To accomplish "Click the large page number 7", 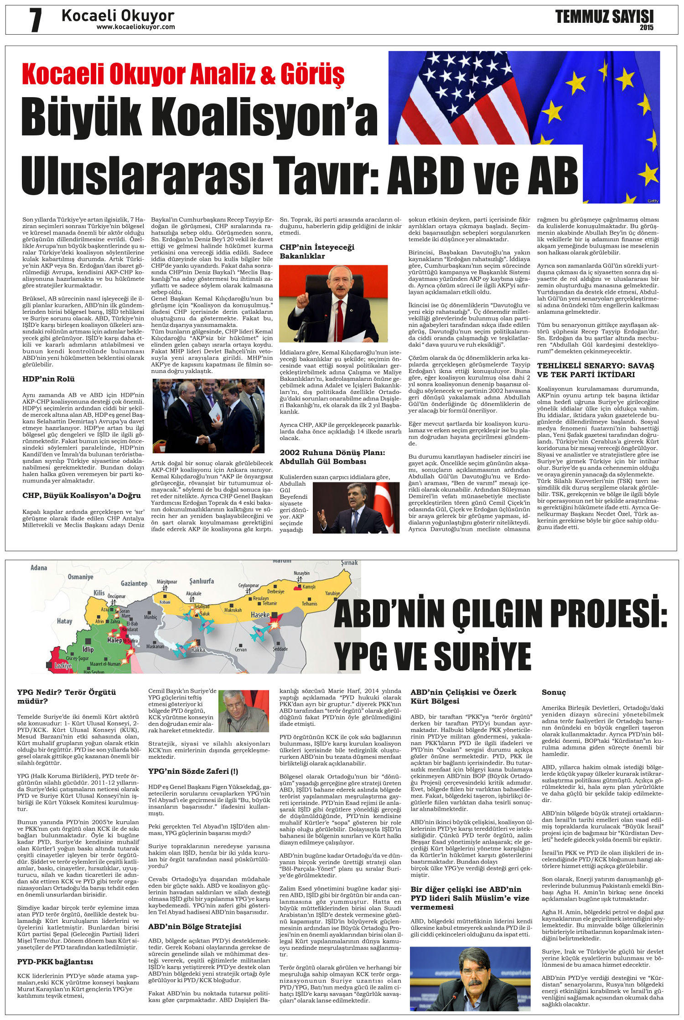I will point(36,20).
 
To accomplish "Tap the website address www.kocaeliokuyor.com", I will point(135,27).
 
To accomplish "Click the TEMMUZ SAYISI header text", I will point(604,17).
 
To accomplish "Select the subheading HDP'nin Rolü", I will point(48,379).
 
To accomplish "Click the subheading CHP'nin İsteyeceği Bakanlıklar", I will point(316,252).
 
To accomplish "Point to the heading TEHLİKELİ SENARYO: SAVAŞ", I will point(595,366).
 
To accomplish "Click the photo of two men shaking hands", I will point(208,416).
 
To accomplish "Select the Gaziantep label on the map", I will point(134,583).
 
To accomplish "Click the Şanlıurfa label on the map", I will point(202,581).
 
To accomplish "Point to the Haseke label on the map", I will point(260,615).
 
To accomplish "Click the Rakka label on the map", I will point(198,650).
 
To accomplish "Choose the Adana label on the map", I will point(39,568).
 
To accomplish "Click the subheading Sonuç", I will point(554,692).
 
